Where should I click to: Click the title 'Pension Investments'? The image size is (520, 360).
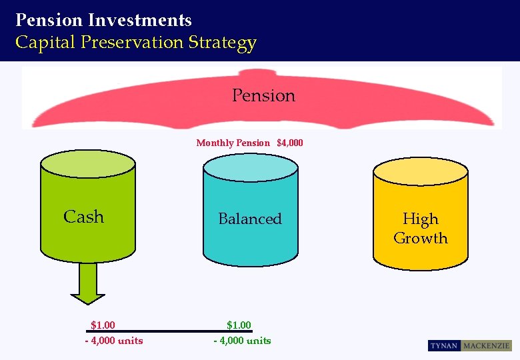[103, 20]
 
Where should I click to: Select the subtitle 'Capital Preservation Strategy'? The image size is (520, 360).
[135, 43]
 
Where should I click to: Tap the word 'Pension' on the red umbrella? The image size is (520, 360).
[263, 96]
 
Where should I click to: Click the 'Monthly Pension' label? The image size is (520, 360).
[233, 143]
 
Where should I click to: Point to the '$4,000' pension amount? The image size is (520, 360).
[289, 143]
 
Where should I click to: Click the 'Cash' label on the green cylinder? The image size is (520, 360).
[83, 217]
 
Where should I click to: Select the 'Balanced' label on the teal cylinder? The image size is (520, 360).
[250, 219]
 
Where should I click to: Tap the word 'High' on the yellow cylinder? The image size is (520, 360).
[420, 219]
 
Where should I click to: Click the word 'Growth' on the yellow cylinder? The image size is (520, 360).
[420, 238]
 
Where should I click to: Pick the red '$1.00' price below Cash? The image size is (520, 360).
[103, 325]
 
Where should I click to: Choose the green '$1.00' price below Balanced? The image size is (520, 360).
[239, 325]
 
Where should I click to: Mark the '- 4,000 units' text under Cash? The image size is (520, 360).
[113, 341]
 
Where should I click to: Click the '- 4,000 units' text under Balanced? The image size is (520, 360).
[242, 341]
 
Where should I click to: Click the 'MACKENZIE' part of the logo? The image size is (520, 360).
[487, 346]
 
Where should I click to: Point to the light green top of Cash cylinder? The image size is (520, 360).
[87, 164]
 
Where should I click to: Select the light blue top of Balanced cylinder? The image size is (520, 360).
[250, 166]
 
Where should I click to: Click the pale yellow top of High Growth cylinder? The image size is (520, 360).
[420, 170]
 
